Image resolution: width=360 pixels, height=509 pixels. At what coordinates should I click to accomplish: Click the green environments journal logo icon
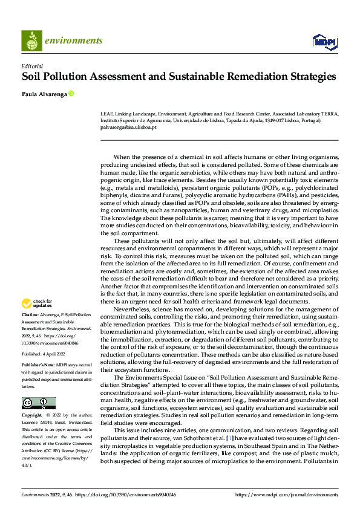pyautogui.click(x=31, y=41)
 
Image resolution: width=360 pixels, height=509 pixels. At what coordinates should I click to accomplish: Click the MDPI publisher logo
pyautogui.click(x=323, y=41)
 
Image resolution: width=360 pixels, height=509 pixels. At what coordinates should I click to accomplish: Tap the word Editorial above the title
pyautogui.click(x=31, y=66)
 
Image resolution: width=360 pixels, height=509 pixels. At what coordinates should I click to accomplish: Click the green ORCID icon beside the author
pyautogui.click(x=71, y=94)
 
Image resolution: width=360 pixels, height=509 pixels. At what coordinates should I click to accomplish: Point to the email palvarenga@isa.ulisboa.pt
pyautogui.click(x=128, y=127)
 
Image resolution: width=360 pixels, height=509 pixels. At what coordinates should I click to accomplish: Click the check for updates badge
pyautogui.click(x=38, y=303)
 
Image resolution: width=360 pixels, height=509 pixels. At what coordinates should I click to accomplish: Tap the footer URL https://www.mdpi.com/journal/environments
pyautogui.click(x=287, y=494)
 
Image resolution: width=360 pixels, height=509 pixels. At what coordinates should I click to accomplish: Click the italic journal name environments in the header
pyautogui.click(x=74, y=41)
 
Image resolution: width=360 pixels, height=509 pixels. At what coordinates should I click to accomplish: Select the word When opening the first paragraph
pyautogui.click(x=123, y=157)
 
